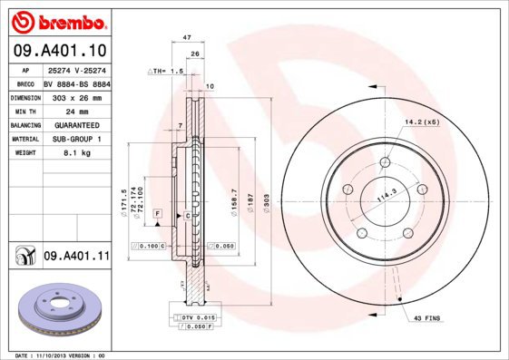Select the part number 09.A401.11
click(76, 258)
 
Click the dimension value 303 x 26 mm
click(75, 97)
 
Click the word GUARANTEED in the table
click(75, 125)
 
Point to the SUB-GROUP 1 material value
click(75, 139)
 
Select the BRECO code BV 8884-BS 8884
click(75, 83)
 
